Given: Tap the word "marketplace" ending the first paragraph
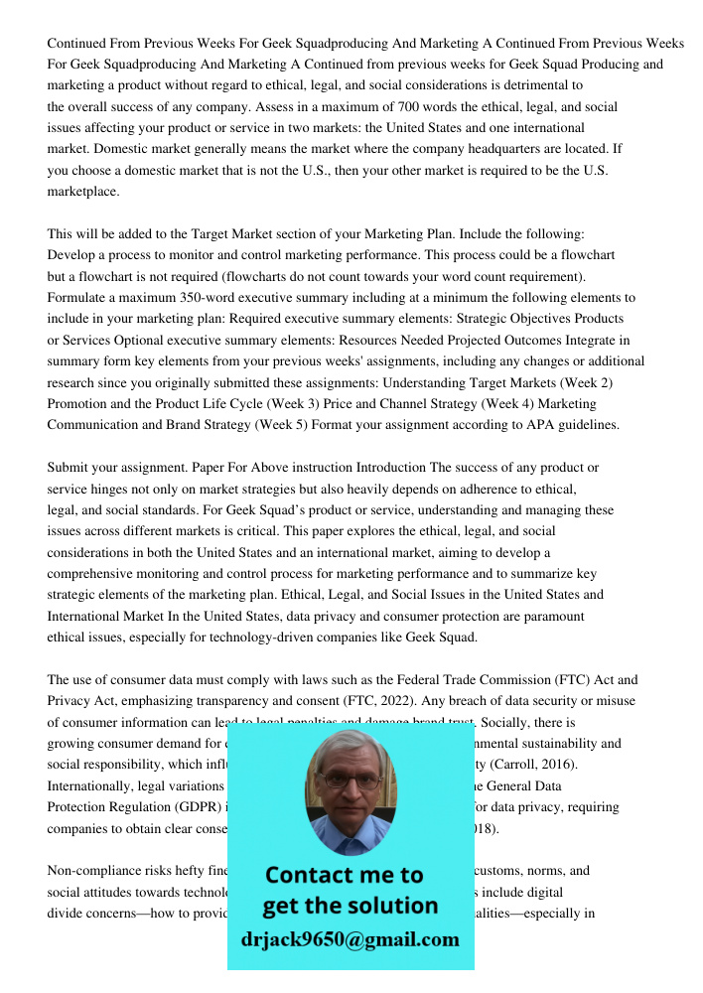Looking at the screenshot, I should coord(82,191).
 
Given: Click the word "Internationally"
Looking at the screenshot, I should coord(92,785).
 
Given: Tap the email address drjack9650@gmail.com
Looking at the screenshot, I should coord(350,939).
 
